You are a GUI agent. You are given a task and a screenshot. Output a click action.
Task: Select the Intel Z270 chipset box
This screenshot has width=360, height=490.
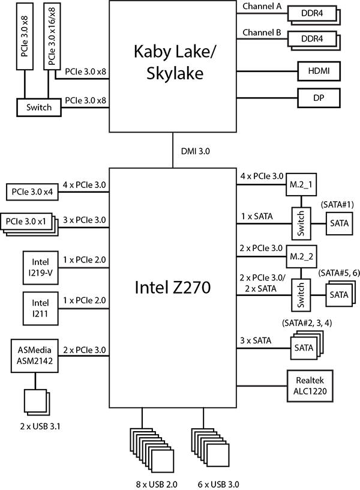(x=173, y=288)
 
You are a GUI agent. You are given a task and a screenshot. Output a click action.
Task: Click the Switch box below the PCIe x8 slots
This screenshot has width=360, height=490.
(x=39, y=108)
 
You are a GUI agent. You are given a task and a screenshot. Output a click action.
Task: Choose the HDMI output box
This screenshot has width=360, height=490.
(x=318, y=71)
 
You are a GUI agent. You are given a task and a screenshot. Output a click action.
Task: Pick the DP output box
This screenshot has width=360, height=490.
(x=318, y=98)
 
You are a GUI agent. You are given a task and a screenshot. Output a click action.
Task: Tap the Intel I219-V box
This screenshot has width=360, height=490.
(x=41, y=266)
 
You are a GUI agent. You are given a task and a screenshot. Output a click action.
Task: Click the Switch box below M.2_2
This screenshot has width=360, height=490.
(x=301, y=295)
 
